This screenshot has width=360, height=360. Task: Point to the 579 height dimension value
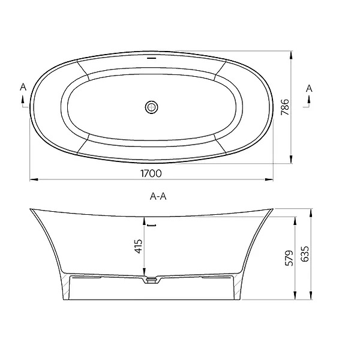point(288,258)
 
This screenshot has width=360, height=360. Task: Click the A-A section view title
point(158,196)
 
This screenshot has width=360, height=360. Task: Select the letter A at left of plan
point(23,88)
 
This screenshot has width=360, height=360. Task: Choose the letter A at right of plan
point(309,88)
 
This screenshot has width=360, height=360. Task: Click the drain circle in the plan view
point(151,107)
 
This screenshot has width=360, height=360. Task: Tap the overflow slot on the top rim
point(151,59)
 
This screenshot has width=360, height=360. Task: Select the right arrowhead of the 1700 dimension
point(269,179)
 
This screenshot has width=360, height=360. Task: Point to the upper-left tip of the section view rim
point(30,209)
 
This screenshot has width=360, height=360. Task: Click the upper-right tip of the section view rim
point(272,209)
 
